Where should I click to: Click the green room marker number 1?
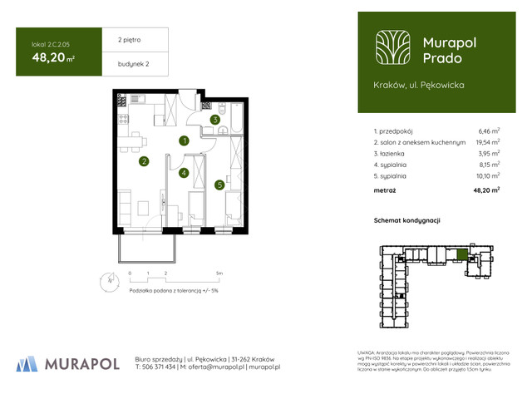click(x=184, y=140)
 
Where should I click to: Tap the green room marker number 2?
click(x=144, y=161)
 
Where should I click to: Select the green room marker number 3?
click(x=214, y=120)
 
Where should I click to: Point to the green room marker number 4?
click(x=184, y=173)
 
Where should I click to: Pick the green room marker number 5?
click(x=219, y=185)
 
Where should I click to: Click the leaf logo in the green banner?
click(x=391, y=47)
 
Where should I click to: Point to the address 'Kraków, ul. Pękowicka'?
click(x=420, y=85)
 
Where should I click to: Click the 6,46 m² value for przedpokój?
click(x=489, y=131)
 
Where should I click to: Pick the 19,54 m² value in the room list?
click(x=487, y=142)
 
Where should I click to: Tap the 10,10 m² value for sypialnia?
click(x=487, y=176)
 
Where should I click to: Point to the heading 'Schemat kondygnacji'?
click(x=407, y=220)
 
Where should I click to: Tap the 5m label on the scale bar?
click(x=219, y=273)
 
